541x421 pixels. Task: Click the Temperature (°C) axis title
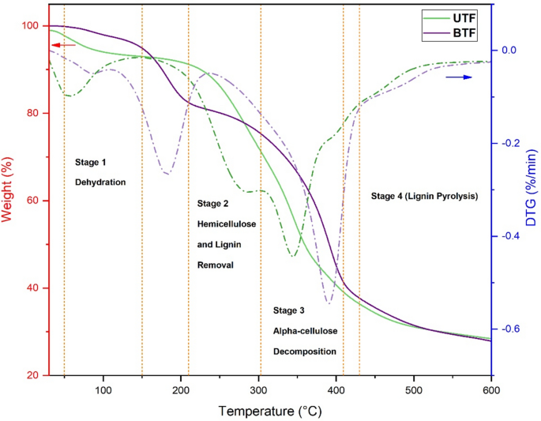(x=269, y=411)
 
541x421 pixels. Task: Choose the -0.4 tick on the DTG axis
(x=507, y=236)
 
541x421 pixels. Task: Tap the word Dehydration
(x=100, y=182)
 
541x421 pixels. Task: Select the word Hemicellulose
(x=226, y=224)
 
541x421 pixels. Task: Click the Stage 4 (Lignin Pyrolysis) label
(x=424, y=195)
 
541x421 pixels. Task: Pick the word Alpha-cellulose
(x=305, y=330)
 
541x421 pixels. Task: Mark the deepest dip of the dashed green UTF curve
(x=292, y=256)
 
